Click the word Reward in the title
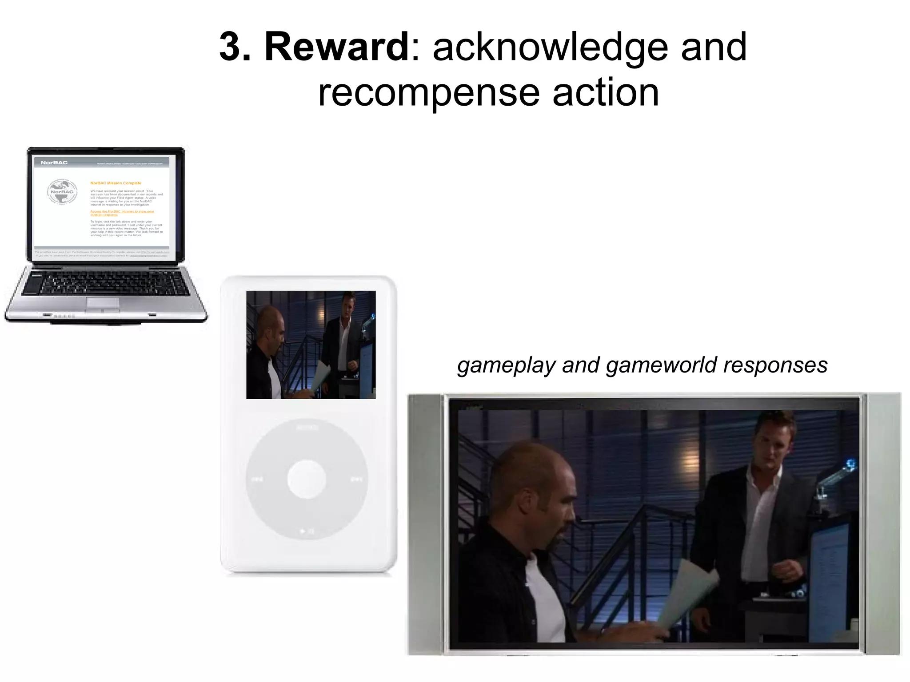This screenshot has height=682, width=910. [336, 48]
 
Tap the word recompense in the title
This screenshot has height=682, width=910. [428, 93]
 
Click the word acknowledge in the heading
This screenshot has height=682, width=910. [550, 48]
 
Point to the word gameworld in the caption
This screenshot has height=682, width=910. [661, 365]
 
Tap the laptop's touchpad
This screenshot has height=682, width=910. [103, 303]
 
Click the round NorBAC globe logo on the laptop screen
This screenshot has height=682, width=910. [62, 192]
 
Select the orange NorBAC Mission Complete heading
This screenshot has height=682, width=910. [116, 183]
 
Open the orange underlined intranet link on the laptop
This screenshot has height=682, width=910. [122, 213]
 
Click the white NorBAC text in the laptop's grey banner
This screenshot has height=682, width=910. [54, 163]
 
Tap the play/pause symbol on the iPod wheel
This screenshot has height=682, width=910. [307, 531]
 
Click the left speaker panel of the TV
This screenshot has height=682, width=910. [425, 524]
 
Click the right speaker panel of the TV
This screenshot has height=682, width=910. [883, 524]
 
